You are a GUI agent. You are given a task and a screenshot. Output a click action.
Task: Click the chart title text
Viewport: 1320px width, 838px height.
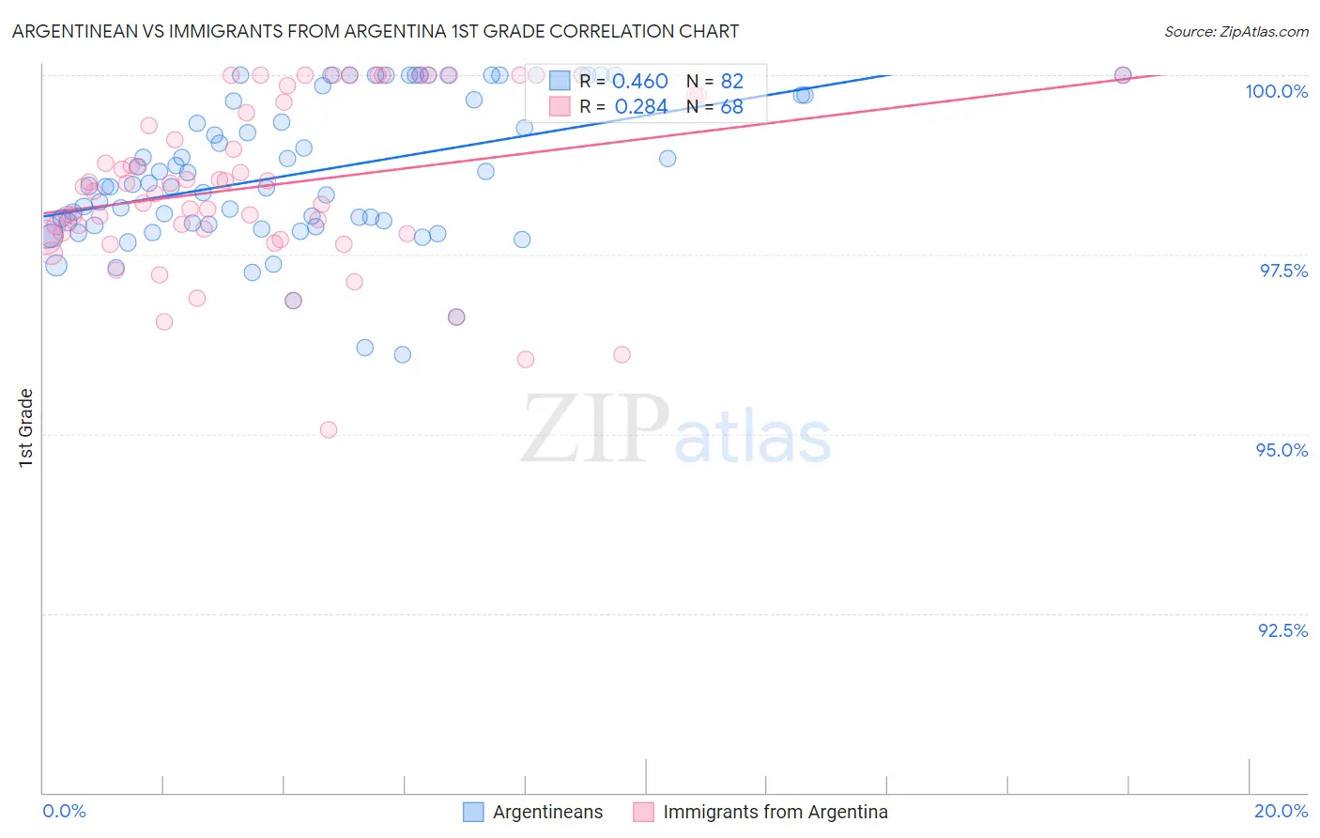point(376,31)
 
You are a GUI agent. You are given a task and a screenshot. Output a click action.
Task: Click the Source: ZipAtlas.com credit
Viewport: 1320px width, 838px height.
point(1236,31)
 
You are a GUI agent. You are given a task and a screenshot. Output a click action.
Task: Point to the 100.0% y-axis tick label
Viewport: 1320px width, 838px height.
point(1276,91)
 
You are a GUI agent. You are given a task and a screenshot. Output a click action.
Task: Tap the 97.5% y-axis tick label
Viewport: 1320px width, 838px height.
point(1283,271)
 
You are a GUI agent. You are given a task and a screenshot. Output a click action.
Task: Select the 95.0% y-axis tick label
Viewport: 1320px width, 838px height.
point(1282,450)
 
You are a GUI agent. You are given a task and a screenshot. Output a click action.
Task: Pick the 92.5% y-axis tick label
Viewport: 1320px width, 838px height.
point(1282,629)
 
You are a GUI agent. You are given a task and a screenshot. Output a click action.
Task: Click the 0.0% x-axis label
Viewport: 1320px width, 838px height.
point(64,811)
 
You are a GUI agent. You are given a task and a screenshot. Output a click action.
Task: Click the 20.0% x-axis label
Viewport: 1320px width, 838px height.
point(1281,811)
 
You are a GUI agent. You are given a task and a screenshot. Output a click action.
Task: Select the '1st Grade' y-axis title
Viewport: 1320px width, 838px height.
point(26,427)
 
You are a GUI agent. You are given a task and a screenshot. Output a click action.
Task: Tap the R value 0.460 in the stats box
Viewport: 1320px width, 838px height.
point(639,82)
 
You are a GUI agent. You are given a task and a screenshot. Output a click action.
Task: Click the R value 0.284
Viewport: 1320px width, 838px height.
point(640,107)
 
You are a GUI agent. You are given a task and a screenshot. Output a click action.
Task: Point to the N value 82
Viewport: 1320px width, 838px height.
point(731,82)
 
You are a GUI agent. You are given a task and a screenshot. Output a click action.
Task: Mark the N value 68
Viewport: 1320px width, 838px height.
point(731,107)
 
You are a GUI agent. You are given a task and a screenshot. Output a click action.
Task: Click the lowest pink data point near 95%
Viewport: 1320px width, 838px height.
point(329,429)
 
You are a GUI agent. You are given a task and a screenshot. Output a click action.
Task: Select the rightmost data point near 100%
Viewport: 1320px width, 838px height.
point(1123,75)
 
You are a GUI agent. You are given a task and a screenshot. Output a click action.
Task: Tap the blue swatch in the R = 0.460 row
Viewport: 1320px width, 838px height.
point(560,82)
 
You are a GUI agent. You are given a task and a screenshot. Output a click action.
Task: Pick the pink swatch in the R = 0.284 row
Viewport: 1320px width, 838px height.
point(560,107)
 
